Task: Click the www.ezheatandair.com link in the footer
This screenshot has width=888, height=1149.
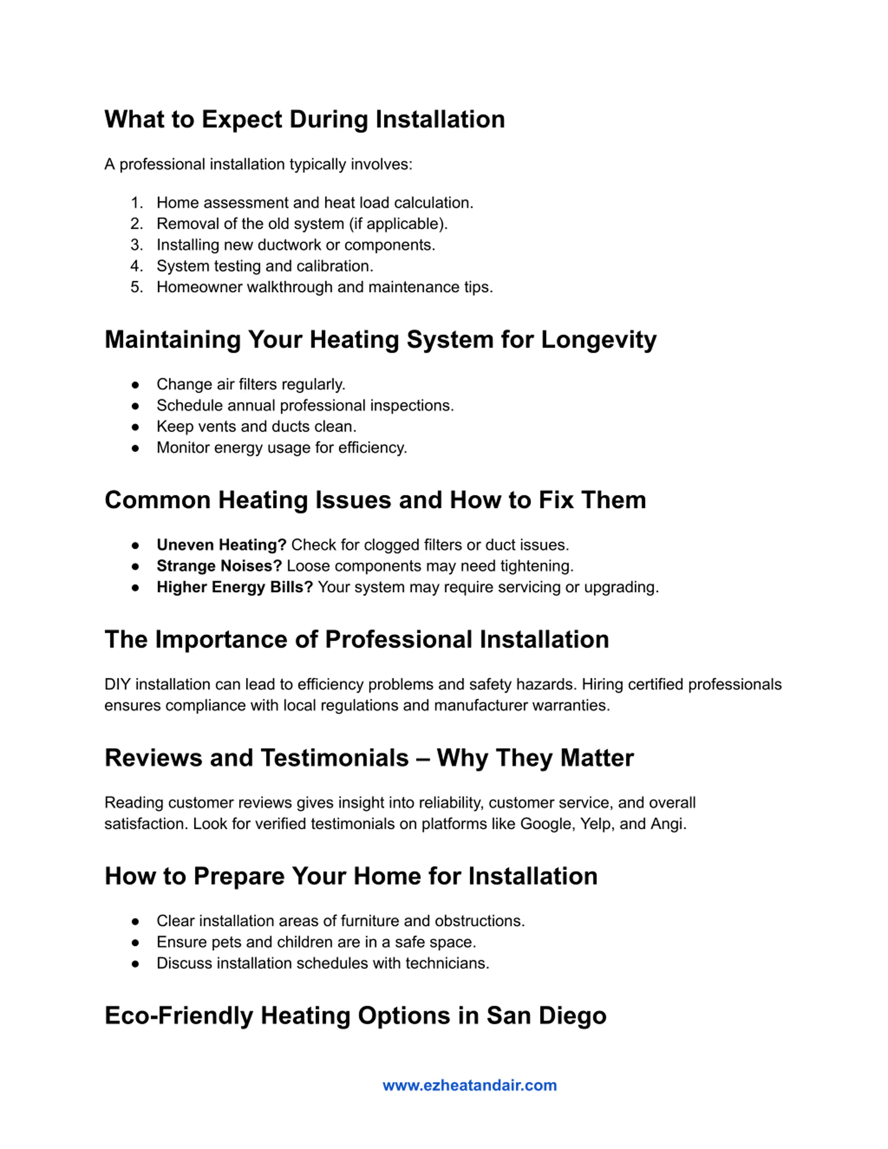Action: point(469,1085)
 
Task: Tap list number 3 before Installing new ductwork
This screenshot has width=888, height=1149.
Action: point(137,245)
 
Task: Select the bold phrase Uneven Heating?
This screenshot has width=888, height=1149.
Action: point(221,545)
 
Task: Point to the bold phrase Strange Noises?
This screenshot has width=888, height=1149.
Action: point(219,566)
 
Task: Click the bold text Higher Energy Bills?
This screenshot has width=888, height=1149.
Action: point(234,587)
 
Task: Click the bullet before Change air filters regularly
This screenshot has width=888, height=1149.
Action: point(135,385)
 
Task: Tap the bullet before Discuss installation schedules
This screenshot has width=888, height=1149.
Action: point(135,964)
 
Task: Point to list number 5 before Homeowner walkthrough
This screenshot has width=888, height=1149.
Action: point(137,287)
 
